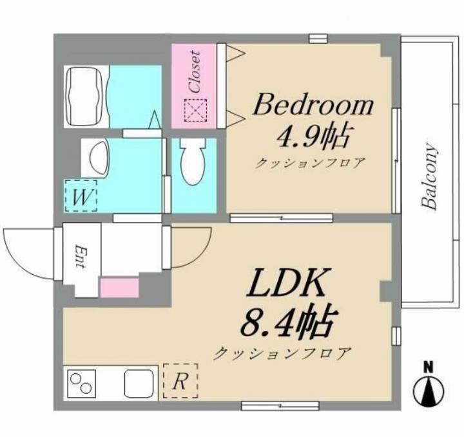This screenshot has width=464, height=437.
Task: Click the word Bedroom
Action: tap(313, 105)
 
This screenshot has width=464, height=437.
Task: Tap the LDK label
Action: tap(285, 283)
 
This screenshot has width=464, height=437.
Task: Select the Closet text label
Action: tap(195, 72)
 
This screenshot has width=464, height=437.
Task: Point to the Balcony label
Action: tap(430, 176)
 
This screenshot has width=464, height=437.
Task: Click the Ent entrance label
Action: tap(80, 256)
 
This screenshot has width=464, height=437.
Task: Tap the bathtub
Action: tap(83, 97)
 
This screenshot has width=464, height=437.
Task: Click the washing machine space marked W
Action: tap(81, 196)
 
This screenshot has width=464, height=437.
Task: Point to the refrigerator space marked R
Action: tap(180, 381)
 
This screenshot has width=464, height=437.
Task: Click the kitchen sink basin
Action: tap(139, 383)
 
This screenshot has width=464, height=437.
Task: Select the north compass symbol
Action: tap(429, 386)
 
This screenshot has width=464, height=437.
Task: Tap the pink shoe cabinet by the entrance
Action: tap(120, 288)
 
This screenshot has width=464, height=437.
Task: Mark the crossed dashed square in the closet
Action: tap(196, 111)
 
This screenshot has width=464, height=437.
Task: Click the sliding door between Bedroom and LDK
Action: tap(282, 218)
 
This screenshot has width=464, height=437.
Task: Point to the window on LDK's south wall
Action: tap(280, 405)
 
